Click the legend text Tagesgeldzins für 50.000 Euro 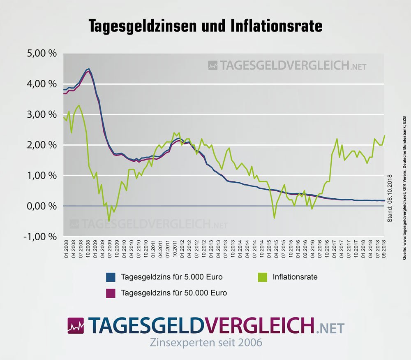tap(174, 293)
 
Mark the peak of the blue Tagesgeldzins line tap(89, 69)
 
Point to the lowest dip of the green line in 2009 tap(109, 221)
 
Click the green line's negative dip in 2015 tap(274, 218)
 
